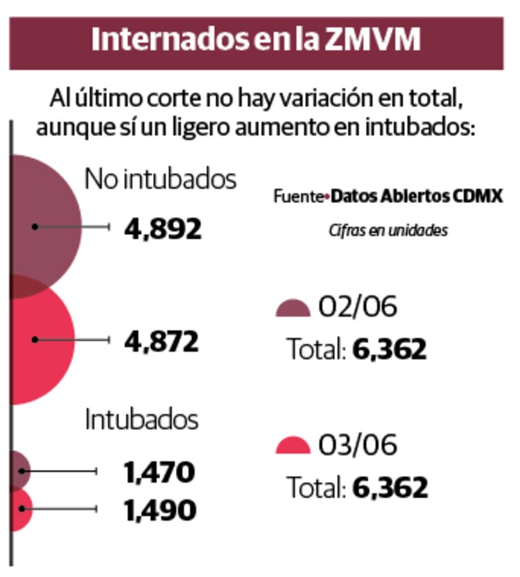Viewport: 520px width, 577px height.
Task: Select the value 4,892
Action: (163, 228)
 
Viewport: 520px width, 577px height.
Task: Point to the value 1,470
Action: (159, 472)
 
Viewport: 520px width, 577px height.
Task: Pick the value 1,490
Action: (160, 511)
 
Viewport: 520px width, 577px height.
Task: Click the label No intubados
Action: (160, 179)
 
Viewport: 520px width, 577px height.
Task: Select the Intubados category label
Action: (141, 420)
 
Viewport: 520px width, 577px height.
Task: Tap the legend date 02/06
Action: (358, 307)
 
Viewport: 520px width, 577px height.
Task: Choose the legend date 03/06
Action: (358, 445)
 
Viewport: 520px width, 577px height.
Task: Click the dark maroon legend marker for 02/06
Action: (293, 310)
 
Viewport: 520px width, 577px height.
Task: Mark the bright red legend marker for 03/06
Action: (293, 447)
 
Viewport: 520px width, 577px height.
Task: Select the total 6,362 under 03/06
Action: (390, 488)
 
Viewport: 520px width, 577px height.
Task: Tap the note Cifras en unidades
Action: (388, 231)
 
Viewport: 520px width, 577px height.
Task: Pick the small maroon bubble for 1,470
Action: (19, 470)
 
